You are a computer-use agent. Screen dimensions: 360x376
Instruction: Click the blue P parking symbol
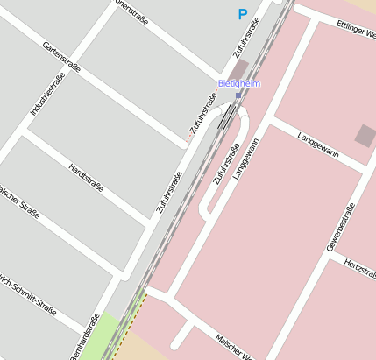(243, 14)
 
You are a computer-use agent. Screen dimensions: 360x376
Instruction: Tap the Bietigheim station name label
(239, 83)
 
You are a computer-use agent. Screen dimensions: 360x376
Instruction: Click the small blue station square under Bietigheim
(238, 95)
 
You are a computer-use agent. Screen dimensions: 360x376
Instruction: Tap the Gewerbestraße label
(340, 227)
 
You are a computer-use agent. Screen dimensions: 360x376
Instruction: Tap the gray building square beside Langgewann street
(365, 135)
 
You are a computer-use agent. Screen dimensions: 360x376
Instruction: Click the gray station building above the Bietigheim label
(239, 68)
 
